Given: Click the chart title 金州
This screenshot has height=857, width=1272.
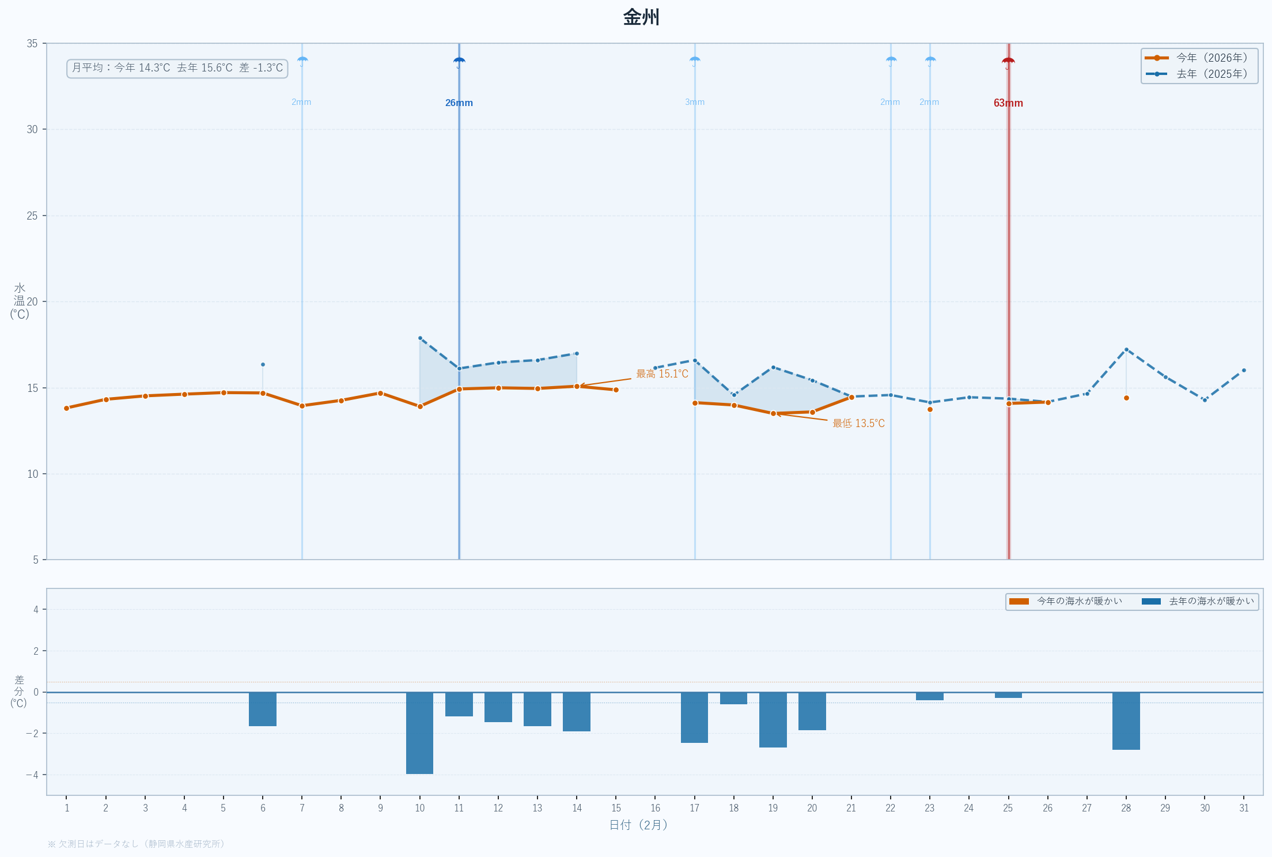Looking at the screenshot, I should [x=641, y=17].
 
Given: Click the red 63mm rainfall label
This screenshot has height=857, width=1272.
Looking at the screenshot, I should [x=1008, y=103].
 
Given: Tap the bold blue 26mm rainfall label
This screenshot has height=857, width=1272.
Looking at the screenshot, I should [x=459, y=103].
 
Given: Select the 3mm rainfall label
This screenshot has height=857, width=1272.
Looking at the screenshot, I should [x=695, y=102].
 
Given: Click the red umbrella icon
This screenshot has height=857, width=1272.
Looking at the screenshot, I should [x=1008, y=62].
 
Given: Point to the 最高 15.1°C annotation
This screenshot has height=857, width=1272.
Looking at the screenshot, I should [x=662, y=374].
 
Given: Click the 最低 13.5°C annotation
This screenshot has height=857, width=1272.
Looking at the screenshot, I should [x=858, y=424].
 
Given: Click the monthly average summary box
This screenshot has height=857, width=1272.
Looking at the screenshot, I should [x=177, y=68].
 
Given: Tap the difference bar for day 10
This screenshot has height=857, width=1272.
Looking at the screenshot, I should [x=419, y=733].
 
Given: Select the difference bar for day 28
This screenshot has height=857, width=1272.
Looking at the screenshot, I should [x=1126, y=720].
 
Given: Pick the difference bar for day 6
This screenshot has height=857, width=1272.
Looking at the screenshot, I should [x=263, y=709].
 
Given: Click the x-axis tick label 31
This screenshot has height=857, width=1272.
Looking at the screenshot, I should [x=1244, y=808].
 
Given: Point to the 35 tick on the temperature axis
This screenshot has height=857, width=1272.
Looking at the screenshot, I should [x=32, y=44].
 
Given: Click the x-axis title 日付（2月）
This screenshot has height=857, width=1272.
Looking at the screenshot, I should [x=638, y=825].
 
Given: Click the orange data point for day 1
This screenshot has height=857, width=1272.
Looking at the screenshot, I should [x=67, y=408].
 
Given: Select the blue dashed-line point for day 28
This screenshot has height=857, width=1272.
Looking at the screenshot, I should [x=1126, y=349].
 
